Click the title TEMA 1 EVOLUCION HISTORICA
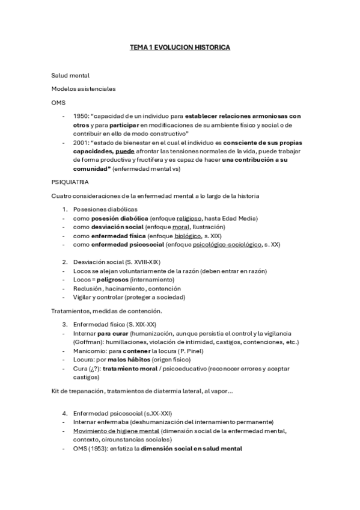(180, 46)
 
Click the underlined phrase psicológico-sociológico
(211, 245)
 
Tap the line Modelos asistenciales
(84, 89)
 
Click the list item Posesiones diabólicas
(105, 209)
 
